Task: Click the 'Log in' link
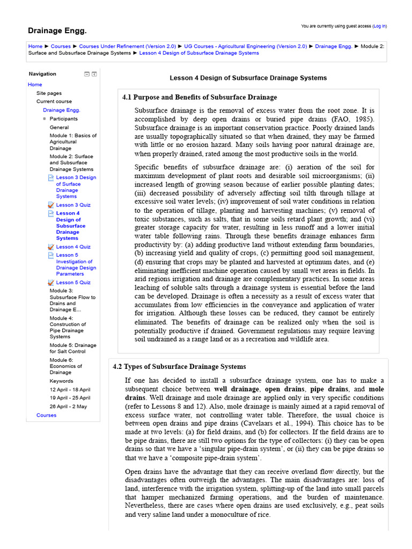click(379, 26)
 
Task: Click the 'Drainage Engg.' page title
click(57, 31)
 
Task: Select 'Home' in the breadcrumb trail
click(35, 47)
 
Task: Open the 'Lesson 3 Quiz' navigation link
click(73, 205)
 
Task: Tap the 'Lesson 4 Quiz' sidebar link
click(73, 247)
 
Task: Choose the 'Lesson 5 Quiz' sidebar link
click(73, 283)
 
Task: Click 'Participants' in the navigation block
click(63, 118)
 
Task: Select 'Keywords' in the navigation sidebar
click(62, 381)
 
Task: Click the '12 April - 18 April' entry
click(70, 389)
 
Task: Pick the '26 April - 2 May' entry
click(68, 406)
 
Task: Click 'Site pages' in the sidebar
click(49, 93)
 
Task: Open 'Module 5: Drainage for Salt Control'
click(73, 348)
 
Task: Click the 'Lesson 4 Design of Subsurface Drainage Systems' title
click(248, 78)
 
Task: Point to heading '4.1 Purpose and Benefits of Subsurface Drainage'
click(200, 97)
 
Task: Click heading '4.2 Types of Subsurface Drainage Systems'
click(179, 367)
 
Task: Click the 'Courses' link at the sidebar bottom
click(46, 415)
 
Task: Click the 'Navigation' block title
click(42, 74)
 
